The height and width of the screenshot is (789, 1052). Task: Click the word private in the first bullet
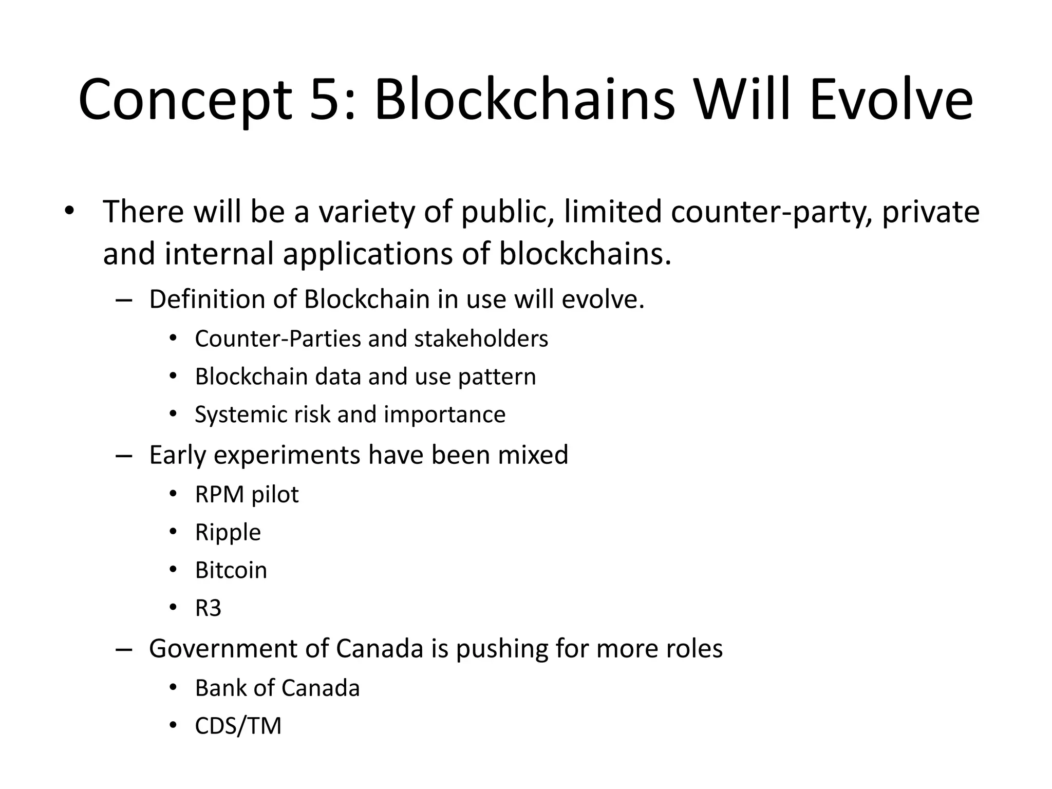point(931,212)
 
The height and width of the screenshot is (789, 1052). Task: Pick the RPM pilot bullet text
point(247,495)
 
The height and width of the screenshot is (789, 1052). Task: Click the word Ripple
point(228,533)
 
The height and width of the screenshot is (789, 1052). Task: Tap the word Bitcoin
point(231,571)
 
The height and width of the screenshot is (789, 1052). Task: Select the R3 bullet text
point(208,609)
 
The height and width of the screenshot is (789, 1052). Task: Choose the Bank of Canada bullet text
point(277,688)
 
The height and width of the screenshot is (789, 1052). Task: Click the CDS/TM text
point(238,726)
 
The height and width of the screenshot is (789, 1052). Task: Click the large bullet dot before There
point(69,212)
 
